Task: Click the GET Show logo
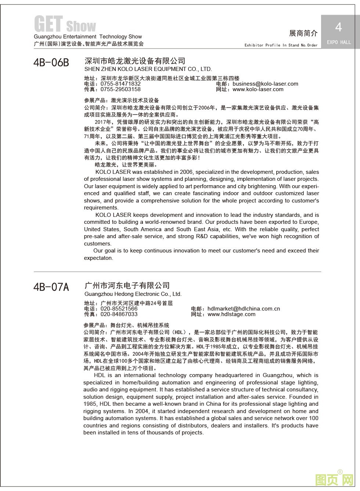click(x=65, y=24)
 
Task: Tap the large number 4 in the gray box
click(x=338, y=27)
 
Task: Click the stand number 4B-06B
click(x=51, y=62)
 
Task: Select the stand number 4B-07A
click(x=51, y=287)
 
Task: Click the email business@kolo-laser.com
click(x=266, y=84)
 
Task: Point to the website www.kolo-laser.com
click(x=258, y=89)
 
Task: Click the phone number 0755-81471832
click(x=120, y=84)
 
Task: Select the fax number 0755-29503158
click(x=120, y=89)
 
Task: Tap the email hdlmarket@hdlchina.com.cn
click(x=244, y=309)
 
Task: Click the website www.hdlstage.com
click(x=231, y=314)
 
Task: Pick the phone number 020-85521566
click(x=119, y=309)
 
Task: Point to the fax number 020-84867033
click(x=119, y=314)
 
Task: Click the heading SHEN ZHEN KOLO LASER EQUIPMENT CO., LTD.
click(x=148, y=69)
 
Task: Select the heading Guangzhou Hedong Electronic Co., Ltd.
click(x=133, y=294)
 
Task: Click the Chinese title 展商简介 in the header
click(x=303, y=33)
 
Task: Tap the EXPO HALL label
click(x=339, y=42)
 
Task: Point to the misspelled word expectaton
click(x=98, y=258)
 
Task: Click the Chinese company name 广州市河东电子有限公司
click(x=127, y=286)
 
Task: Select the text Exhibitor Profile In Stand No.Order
click(x=281, y=45)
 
